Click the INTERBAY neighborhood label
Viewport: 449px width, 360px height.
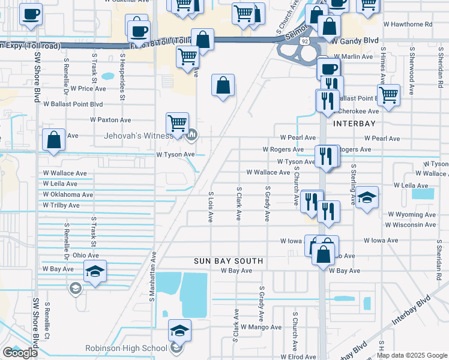pyautogui.click(x=354, y=123)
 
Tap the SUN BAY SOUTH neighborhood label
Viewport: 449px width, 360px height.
pyautogui.click(x=228, y=261)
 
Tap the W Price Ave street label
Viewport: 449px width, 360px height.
pyautogui.click(x=88, y=88)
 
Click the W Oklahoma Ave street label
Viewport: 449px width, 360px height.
pyautogui.click(x=68, y=194)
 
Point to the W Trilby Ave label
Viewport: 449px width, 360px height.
pyautogui.click(x=61, y=205)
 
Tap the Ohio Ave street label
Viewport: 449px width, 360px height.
pyautogui.click(x=86, y=256)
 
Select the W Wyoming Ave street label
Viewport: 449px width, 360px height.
pyautogui.click(x=412, y=214)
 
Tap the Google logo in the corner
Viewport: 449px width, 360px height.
pyautogui.click(x=20, y=353)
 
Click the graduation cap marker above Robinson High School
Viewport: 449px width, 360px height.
pyautogui.click(x=179, y=331)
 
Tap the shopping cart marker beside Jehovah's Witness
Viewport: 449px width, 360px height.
pyautogui.click(x=178, y=123)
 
